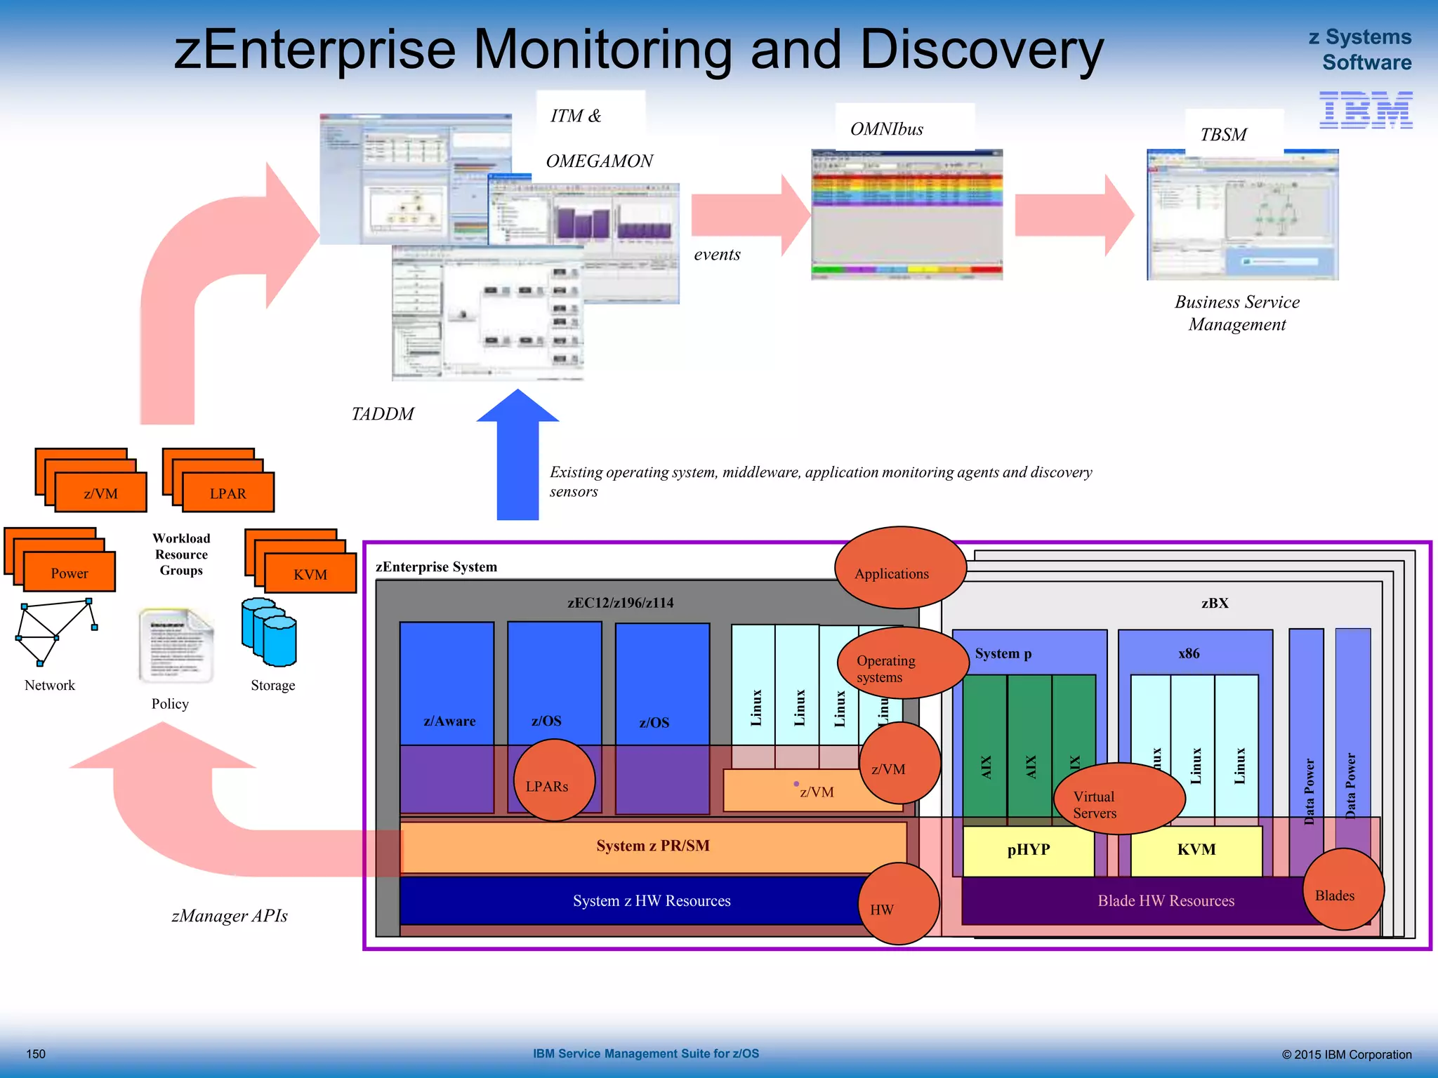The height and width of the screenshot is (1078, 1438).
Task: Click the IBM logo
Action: click(1365, 110)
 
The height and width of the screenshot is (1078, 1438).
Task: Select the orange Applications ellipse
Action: click(899, 568)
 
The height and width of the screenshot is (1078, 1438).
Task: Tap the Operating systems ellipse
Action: click(902, 663)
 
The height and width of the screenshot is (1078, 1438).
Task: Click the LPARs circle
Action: click(554, 780)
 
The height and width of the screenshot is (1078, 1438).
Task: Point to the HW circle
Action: click(898, 904)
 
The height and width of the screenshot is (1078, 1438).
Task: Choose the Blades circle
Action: click(1343, 889)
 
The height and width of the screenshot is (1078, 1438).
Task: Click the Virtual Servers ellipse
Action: click(1119, 799)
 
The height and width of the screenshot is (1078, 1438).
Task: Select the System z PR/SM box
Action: click(652, 846)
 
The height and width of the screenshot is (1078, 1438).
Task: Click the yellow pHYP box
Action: click(1028, 851)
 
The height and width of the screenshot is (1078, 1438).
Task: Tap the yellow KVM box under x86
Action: click(1196, 851)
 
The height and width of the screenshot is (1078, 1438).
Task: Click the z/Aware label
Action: click(449, 721)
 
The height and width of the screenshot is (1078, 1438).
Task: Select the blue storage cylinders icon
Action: click(270, 632)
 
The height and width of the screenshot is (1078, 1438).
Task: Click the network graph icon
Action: click(55, 632)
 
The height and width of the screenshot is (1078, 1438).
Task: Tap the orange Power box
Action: click(70, 572)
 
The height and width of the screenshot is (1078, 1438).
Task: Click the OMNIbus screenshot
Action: click(906, 215)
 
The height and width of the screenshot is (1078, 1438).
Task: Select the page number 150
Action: click(36, 1054)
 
